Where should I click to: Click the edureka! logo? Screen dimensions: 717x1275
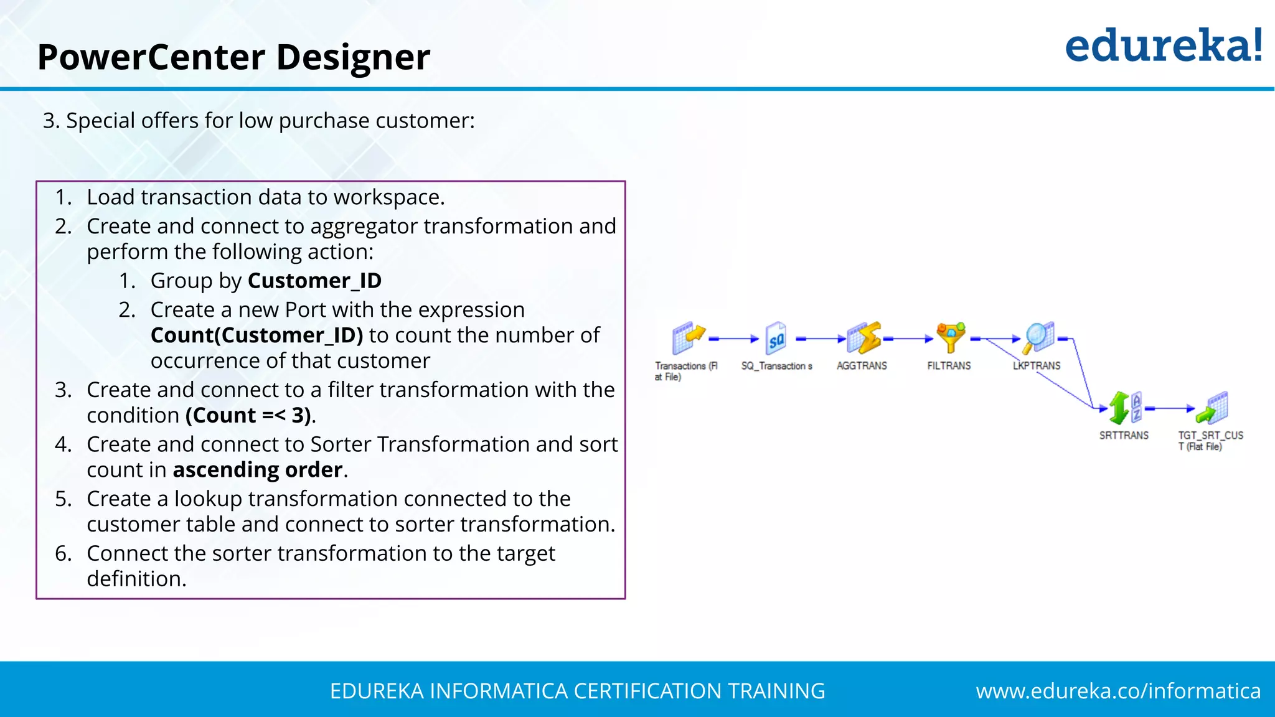[1163, 46]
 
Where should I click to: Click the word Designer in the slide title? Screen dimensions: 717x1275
[353, 57]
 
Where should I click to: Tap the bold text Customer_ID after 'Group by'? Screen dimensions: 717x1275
[314, 281]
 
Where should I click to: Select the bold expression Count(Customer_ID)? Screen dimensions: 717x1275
[256, 335]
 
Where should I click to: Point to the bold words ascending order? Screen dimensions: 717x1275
[258, 470]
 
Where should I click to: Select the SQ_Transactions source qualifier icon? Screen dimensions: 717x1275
[776, 339]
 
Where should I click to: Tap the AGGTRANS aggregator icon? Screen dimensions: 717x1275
[863, 339]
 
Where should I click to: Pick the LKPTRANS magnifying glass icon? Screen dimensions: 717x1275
[1038, 337]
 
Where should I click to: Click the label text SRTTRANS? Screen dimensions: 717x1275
[1124, 436]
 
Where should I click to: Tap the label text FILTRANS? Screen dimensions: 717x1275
[949, 366]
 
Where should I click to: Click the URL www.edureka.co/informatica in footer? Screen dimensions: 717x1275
[1118, 691]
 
